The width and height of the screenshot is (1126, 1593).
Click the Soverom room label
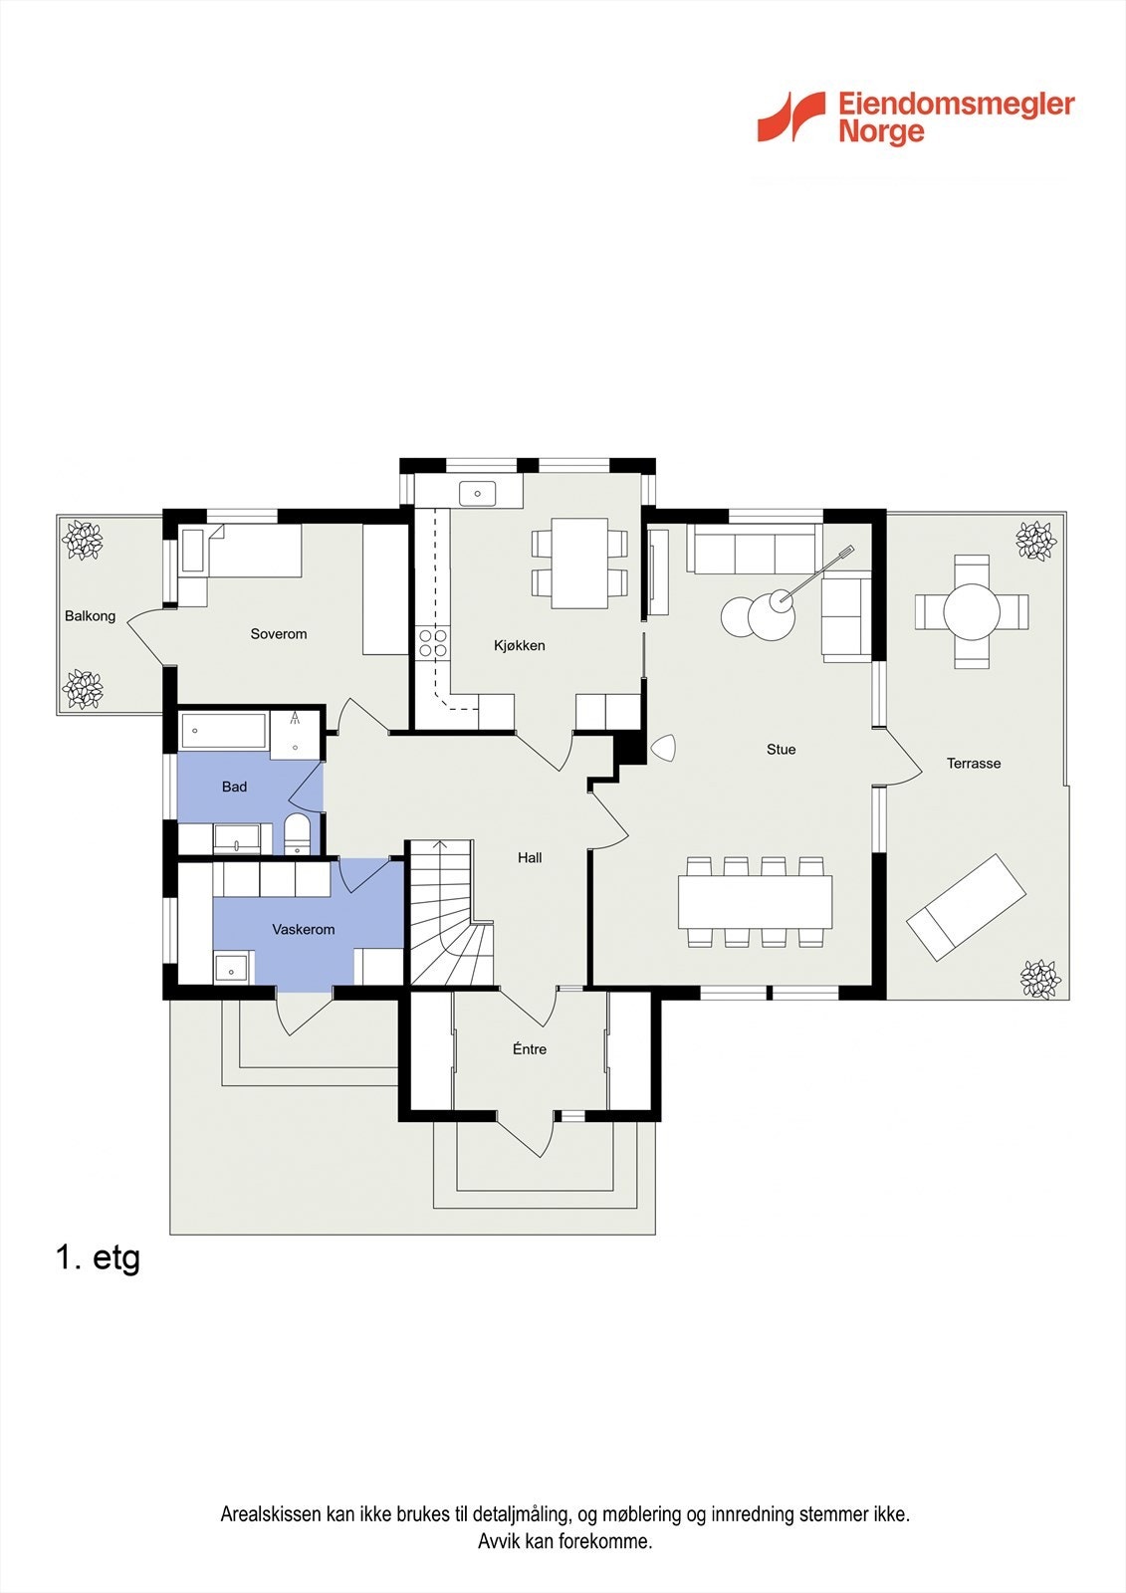[278, 633]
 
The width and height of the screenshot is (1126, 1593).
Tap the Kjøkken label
[520, 646]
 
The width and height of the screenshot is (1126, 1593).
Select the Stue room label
[781, 749]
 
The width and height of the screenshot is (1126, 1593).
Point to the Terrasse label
[973, 763]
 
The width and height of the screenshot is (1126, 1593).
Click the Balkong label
[90, 616]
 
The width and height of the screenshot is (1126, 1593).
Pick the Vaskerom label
[303, 929]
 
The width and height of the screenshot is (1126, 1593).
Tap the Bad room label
[234, 787]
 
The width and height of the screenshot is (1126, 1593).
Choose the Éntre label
[530, 1048]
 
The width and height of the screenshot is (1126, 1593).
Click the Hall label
[530, 857]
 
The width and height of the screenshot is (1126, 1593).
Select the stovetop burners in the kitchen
[433, 642]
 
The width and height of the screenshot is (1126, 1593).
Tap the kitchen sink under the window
[477, 493]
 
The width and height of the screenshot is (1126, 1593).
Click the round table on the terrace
[972, 611]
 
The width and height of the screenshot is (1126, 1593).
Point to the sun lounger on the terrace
[966, 907]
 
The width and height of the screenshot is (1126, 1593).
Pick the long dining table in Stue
[755, 902]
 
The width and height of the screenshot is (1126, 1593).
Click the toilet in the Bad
[297, 834]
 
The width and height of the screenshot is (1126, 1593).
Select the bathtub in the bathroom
[224, 730]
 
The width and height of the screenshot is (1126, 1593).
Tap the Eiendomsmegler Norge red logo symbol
[790, 116]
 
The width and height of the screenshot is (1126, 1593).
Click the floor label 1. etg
[98, 1257]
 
